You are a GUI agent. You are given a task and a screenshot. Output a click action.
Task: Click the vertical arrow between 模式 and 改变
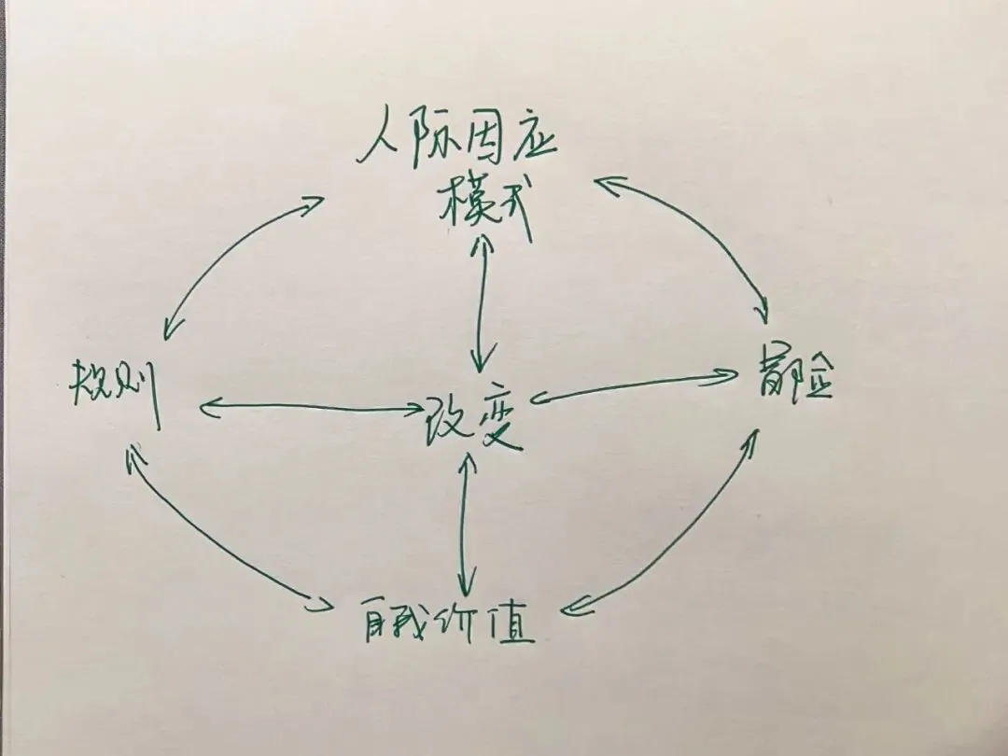pos(481,299)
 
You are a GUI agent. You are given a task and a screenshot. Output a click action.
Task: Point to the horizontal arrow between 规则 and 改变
pos(308,407)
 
